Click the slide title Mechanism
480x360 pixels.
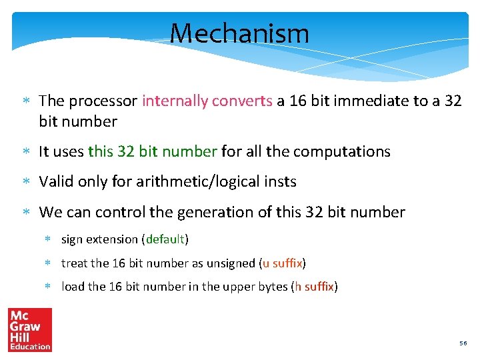point(239,33)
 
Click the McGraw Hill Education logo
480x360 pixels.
point(29,329)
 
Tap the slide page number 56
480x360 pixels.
point(463,343)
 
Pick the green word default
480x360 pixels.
point(165,239)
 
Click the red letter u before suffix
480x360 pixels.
point(266,263)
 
